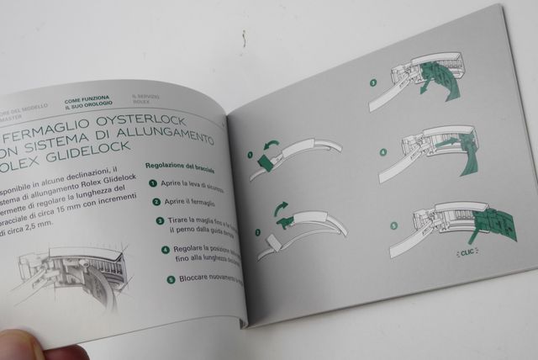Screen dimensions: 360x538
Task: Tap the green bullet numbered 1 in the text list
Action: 152,183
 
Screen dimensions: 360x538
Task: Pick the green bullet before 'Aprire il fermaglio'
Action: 156,201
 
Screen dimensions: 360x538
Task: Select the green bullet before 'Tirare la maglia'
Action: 160,220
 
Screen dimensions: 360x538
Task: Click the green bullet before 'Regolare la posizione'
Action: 165,250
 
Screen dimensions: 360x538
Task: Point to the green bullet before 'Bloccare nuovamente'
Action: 171,278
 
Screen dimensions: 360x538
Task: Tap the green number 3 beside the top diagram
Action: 373,82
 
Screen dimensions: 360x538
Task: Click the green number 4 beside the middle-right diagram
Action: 382,153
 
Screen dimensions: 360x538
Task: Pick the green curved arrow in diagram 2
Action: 282,208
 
